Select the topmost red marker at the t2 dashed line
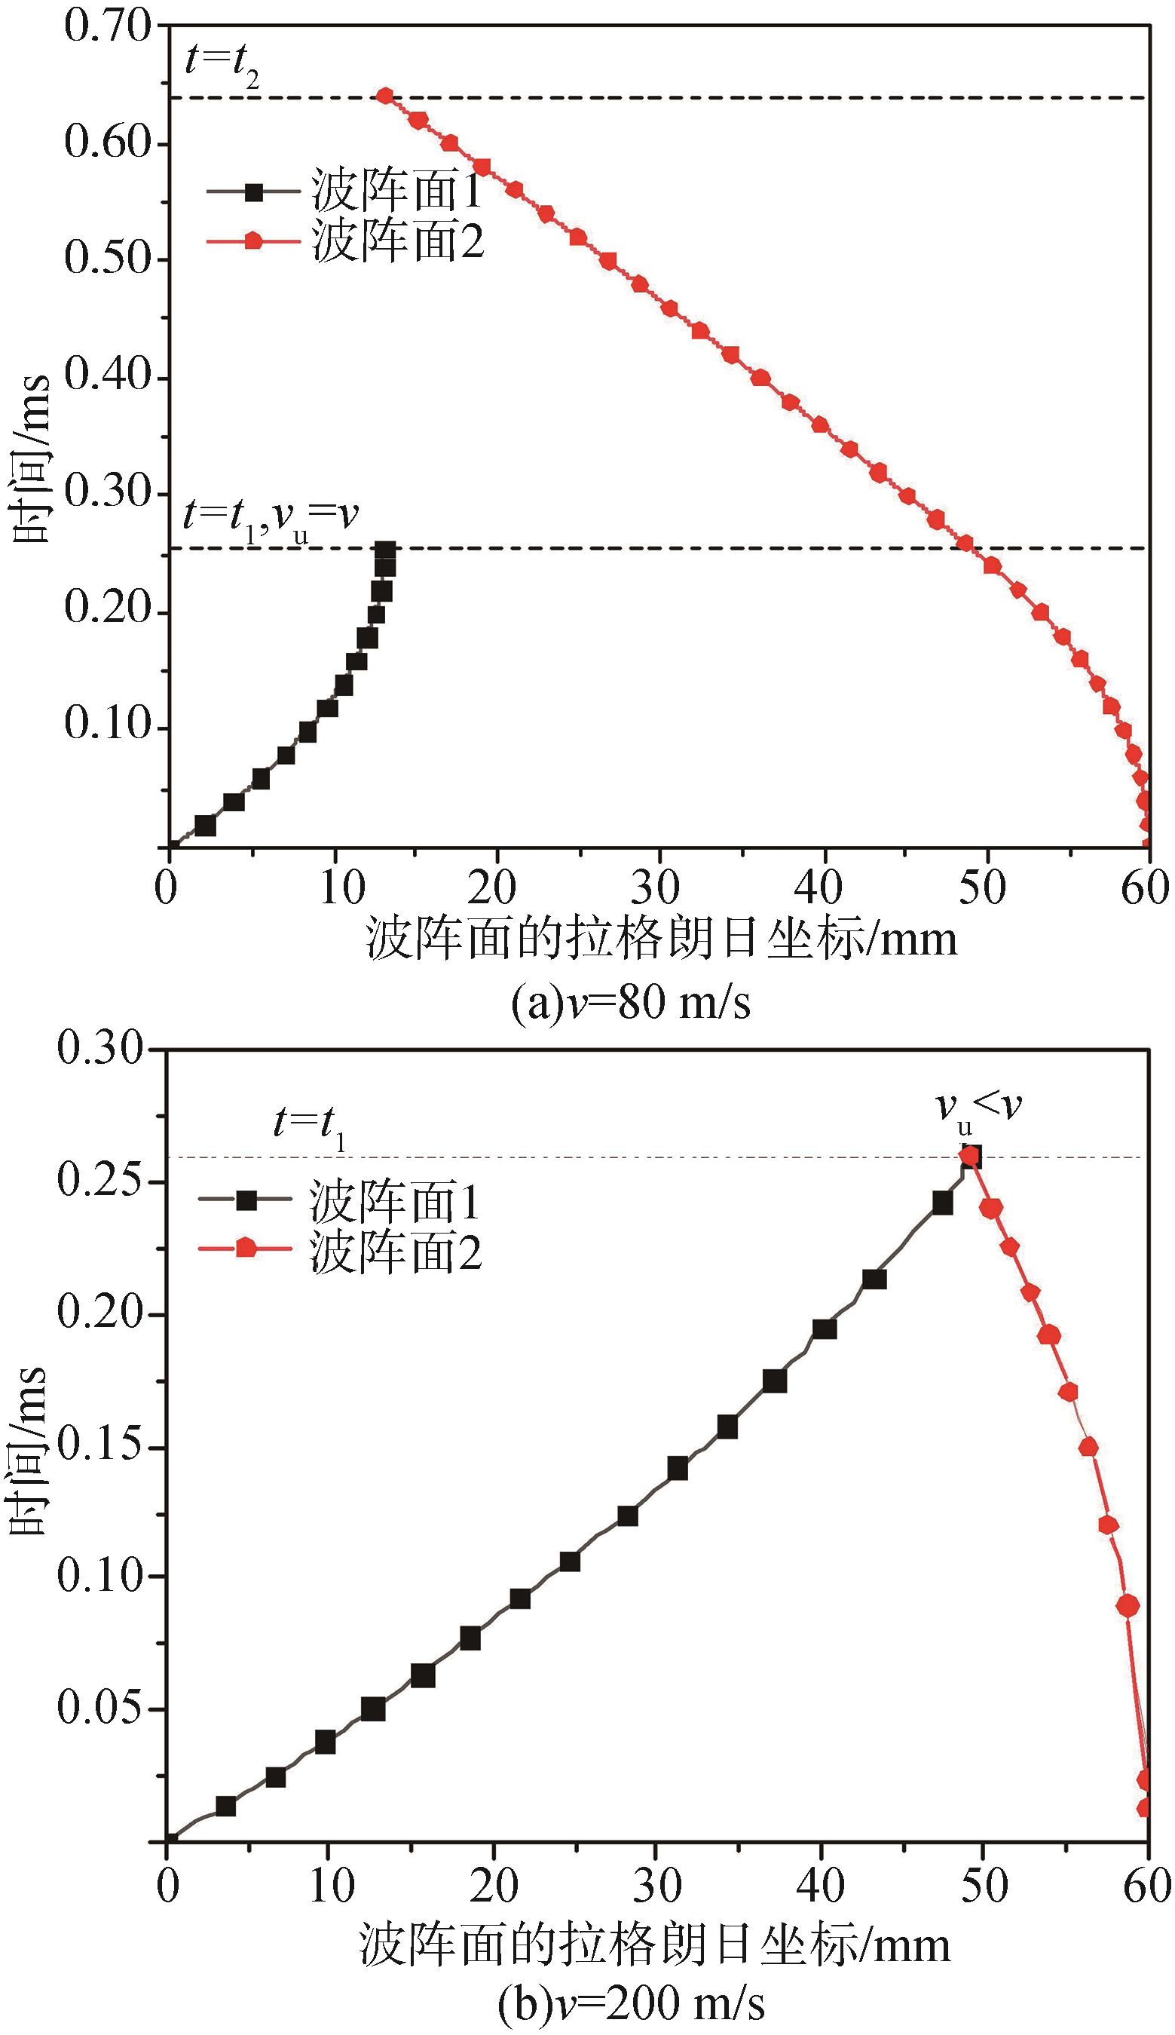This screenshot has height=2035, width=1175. pos(386,97)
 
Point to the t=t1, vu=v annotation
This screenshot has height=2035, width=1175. pos(271,517)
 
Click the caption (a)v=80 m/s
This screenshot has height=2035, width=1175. pos(631,1004)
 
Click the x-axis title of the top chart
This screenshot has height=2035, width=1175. pos(662,939)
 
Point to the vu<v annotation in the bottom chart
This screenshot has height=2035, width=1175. pos(979,1106)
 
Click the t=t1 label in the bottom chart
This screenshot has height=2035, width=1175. pos(310,1124)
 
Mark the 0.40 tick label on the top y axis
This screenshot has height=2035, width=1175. pos(107,376)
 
